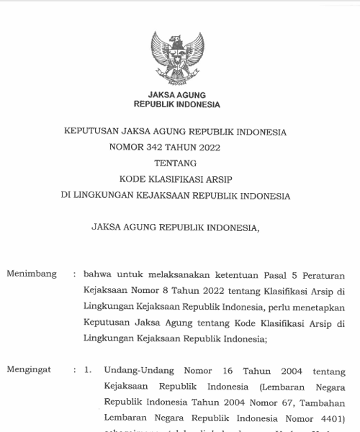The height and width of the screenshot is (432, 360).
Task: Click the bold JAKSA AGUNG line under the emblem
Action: click(x=177, y=94)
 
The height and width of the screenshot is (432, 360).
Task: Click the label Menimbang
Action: click(x=30, y=274)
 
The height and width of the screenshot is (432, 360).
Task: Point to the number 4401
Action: click(x=326, y=417)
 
